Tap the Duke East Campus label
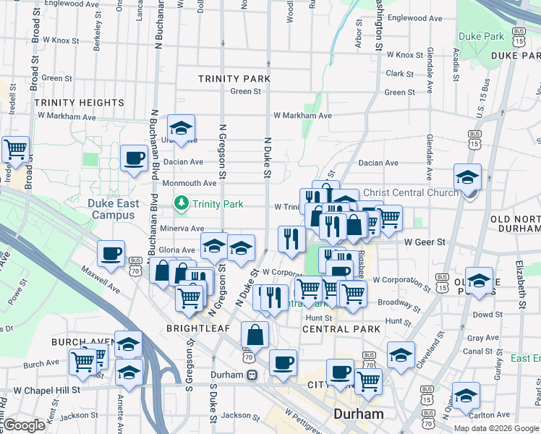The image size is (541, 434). pos(113,209)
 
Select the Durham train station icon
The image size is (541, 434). pos(252,375)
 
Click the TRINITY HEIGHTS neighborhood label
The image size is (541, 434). pos(79,103)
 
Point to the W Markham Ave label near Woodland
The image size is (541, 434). pos(302,116)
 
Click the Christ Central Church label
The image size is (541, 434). pos(410,192)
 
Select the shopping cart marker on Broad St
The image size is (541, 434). pos(15,149)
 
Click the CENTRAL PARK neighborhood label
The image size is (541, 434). pos(341,329)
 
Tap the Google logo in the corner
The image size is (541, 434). pos(25,425)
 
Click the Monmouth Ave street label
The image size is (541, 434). pos(189,184)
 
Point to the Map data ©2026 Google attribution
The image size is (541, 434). pos(496,428)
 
